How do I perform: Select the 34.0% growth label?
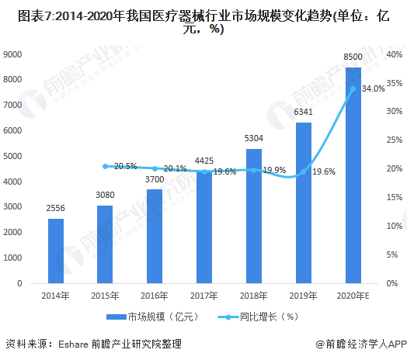373,88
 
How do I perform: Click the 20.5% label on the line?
125,166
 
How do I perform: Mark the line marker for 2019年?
303,171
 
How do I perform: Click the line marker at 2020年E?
353,88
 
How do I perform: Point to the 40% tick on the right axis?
393,54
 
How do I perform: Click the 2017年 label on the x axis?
204,296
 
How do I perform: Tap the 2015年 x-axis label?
105,296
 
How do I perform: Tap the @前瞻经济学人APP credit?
360,343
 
